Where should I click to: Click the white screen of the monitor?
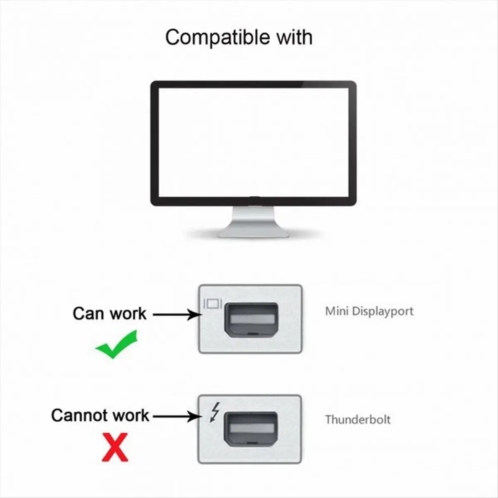point(253,141)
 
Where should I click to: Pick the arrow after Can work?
point(176,314)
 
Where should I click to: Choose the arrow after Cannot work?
point(176,416)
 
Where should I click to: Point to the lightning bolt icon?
point(214,413)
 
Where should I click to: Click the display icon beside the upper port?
point(213,304)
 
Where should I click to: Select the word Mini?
point(336,311)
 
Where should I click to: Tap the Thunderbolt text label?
point(358,419)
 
